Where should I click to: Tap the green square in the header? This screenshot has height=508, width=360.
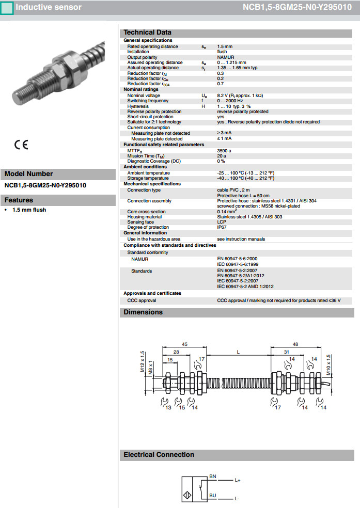click(x=7, y=8)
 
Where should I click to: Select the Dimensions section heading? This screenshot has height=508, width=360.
click(x=143, y=312)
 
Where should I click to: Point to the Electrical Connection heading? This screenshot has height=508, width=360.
click(x=159, y=455)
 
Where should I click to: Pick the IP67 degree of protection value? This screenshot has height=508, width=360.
click(x=222, y=227)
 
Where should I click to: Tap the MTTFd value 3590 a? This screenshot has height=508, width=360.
click(x=224, y=150)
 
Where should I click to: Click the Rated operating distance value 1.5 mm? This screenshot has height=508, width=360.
click(x=224, y=46)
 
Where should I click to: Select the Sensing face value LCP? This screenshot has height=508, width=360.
click(x=222, y=222)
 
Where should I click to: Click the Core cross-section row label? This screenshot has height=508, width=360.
click(x=147, y=212)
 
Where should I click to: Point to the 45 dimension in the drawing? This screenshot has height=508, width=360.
click(x=184, y=344)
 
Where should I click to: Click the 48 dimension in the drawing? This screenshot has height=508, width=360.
click(x=295, y=344)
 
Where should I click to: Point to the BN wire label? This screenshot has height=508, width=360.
click(x=212, y=475)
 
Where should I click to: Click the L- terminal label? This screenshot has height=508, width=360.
click(x=237, y=499)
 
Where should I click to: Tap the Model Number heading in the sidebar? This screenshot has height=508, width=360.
click(x=29, y=174)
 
